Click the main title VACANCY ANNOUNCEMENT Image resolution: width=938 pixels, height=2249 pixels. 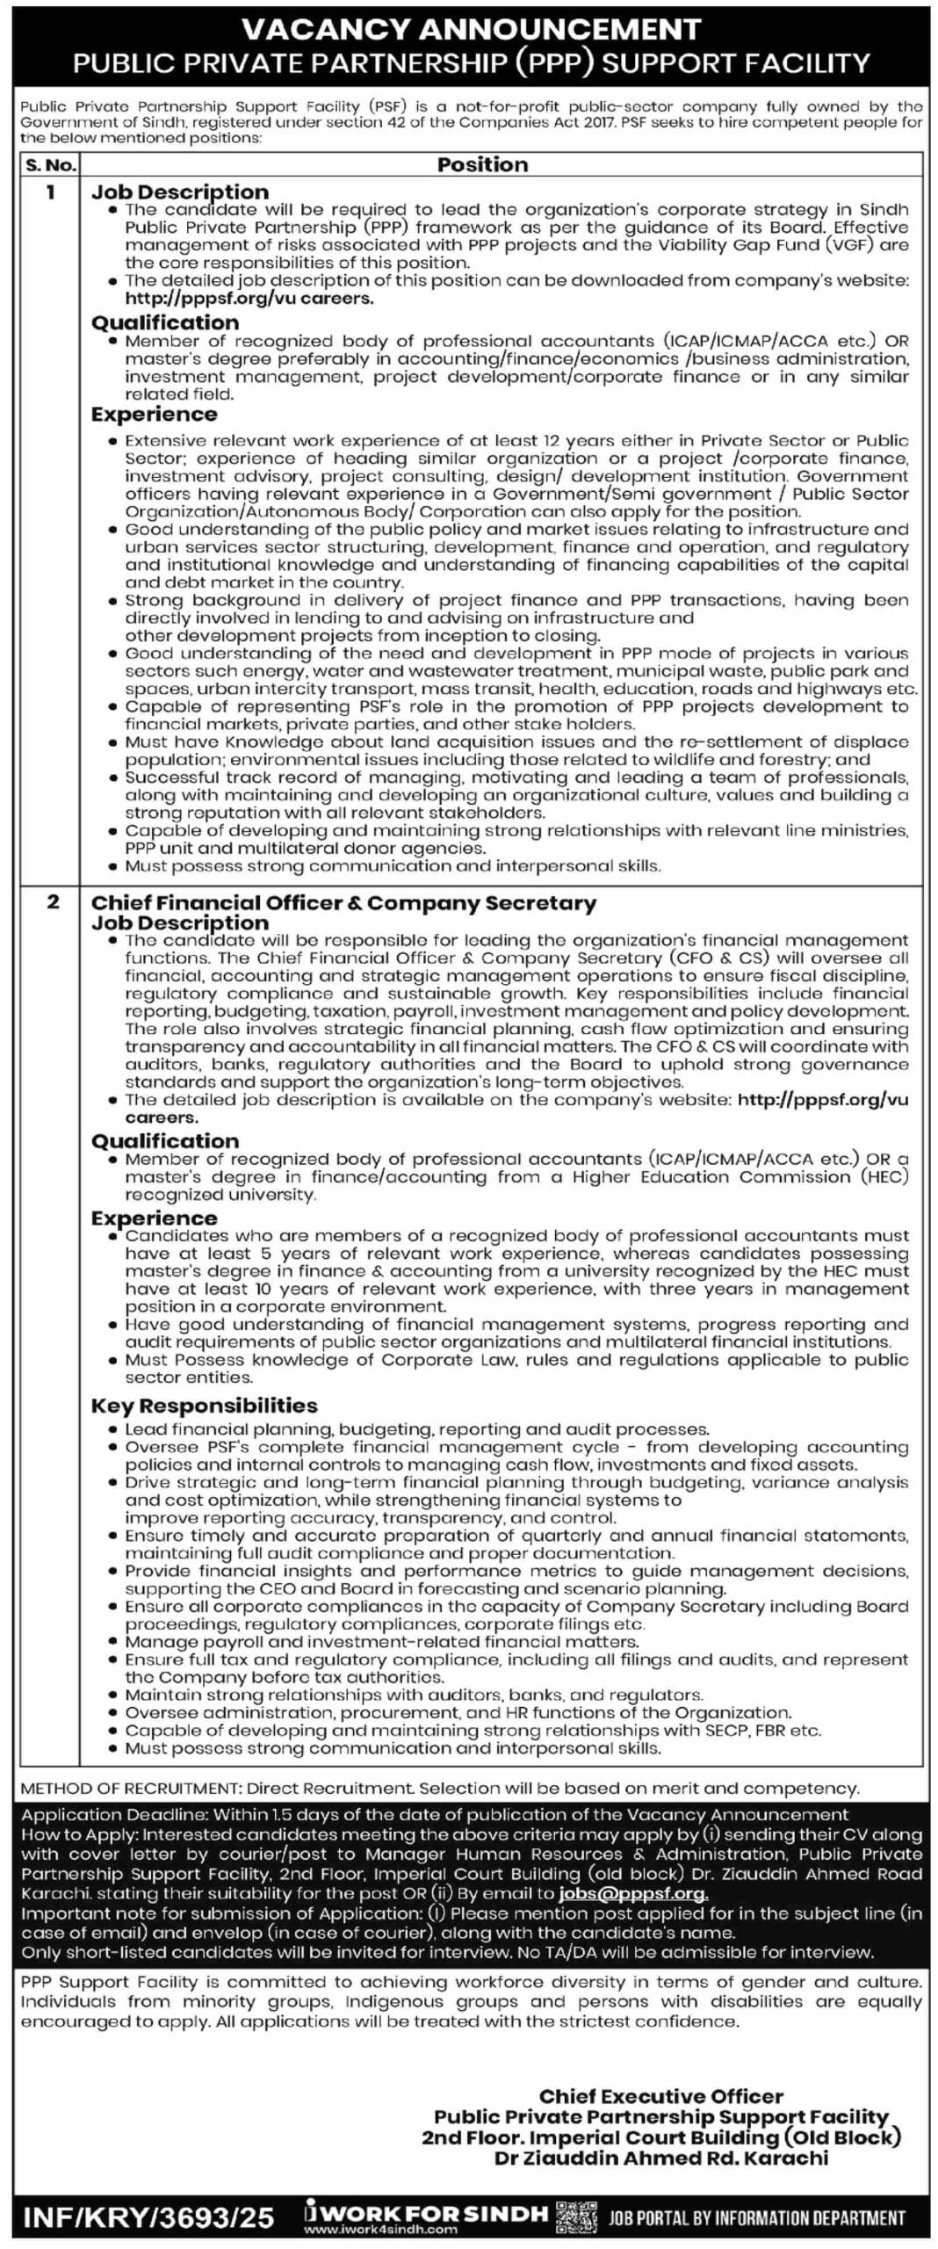[471, 29]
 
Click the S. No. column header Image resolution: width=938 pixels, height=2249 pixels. [50, 164]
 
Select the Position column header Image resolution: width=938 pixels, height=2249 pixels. [482, 164]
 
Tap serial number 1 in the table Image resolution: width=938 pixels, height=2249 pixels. [50, 192]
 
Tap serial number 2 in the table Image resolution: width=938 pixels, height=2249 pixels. [53, 901]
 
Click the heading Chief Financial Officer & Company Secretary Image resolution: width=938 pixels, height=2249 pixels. [343, 903]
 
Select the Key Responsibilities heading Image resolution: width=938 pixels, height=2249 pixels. [204, 1405]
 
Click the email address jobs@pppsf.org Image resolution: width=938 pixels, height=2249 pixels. [633, 1893]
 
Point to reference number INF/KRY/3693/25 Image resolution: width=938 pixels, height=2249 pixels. [148, 2217]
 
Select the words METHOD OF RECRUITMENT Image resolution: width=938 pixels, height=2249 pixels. [130, 1788]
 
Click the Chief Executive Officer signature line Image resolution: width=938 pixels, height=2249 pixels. [660, 2096]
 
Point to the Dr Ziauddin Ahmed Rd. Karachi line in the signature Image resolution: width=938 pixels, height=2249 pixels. [660, 2158]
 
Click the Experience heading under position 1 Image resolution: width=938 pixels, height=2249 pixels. [154, 414]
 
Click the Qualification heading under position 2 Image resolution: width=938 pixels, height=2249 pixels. [164, 1140]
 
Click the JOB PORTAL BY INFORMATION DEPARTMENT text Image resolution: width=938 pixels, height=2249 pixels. [756, 2219]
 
